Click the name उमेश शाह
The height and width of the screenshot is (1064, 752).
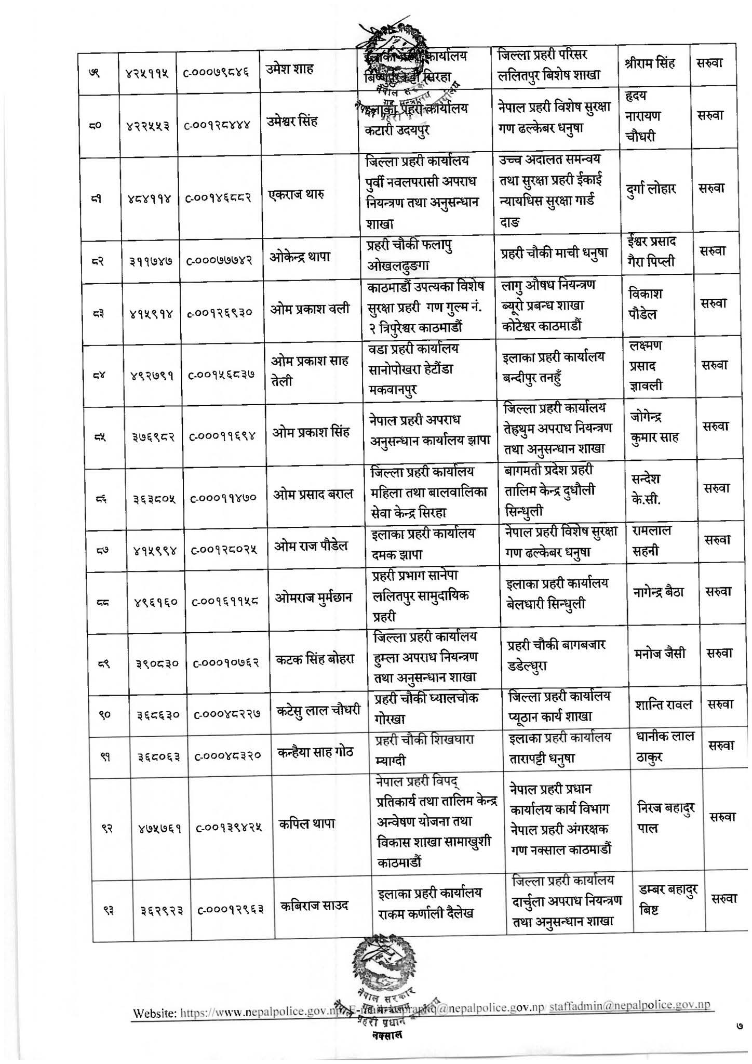click(293, 69)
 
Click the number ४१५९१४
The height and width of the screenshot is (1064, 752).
click(151, 313)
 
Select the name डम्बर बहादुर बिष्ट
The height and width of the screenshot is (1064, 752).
click(666, 899)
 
